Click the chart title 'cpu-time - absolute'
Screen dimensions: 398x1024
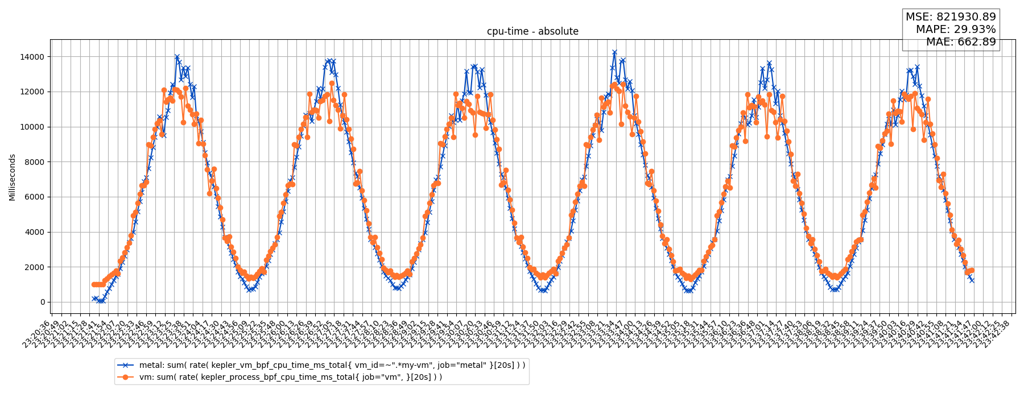coord(532,32)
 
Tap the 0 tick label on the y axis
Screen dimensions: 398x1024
coord(41,302)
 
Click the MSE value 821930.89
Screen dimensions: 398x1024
coord(967,18)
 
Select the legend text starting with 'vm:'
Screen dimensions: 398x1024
coord(290,377)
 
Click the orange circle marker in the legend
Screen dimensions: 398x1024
coord(126,377)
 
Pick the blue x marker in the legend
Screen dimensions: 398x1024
coord(126,365)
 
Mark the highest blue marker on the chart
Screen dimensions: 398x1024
coord(614,52)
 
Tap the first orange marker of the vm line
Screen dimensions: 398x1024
coord(93,284)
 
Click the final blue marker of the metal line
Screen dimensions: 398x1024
coord(972,280)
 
